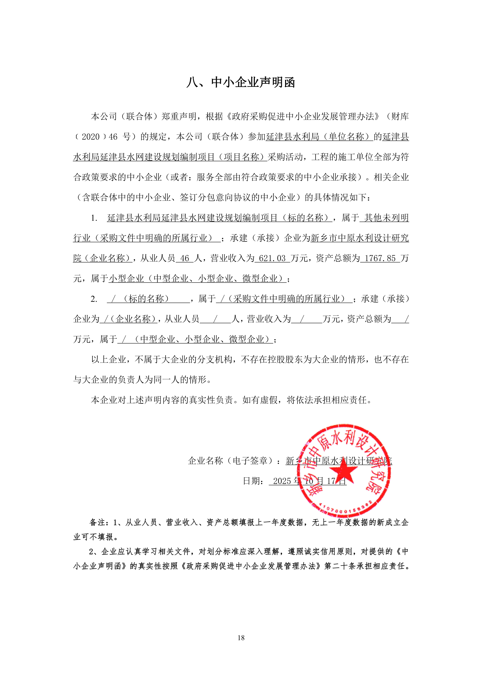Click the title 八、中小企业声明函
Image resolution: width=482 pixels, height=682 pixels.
(x=241, y=82)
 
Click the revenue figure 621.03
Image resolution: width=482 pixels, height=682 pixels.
(x=272, y=258)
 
